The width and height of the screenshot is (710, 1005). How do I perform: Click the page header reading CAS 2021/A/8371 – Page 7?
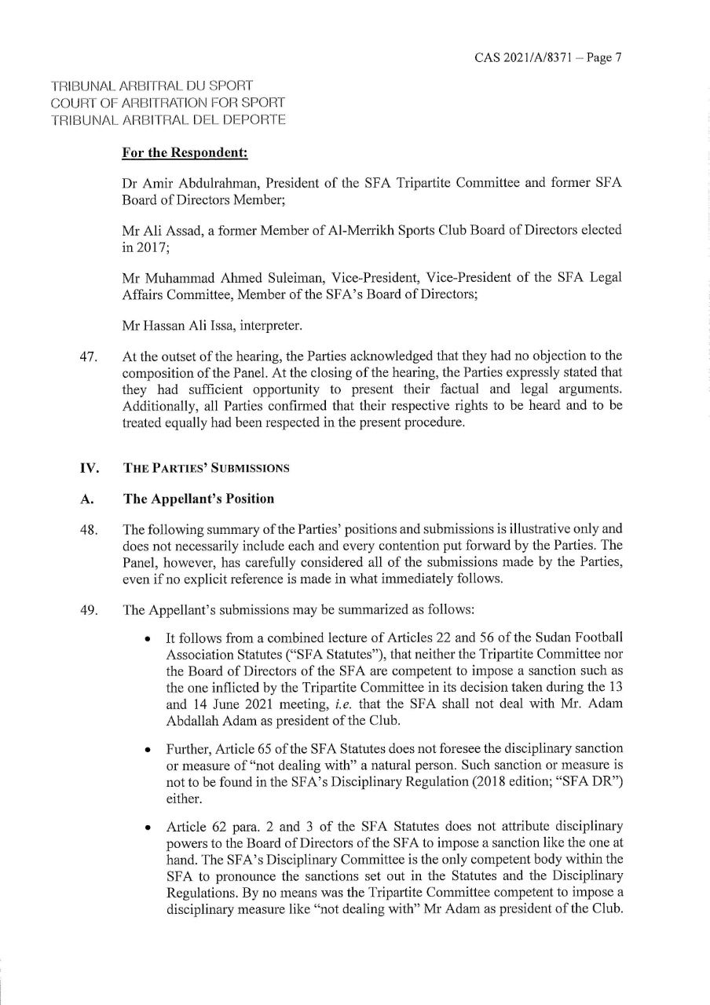[548, 57]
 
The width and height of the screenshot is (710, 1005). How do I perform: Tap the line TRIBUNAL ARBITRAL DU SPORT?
[152, 85]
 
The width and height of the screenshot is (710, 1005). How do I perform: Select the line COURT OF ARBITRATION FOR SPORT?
[167, 103]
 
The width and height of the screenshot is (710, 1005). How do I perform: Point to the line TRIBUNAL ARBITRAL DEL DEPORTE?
[167, 120]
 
